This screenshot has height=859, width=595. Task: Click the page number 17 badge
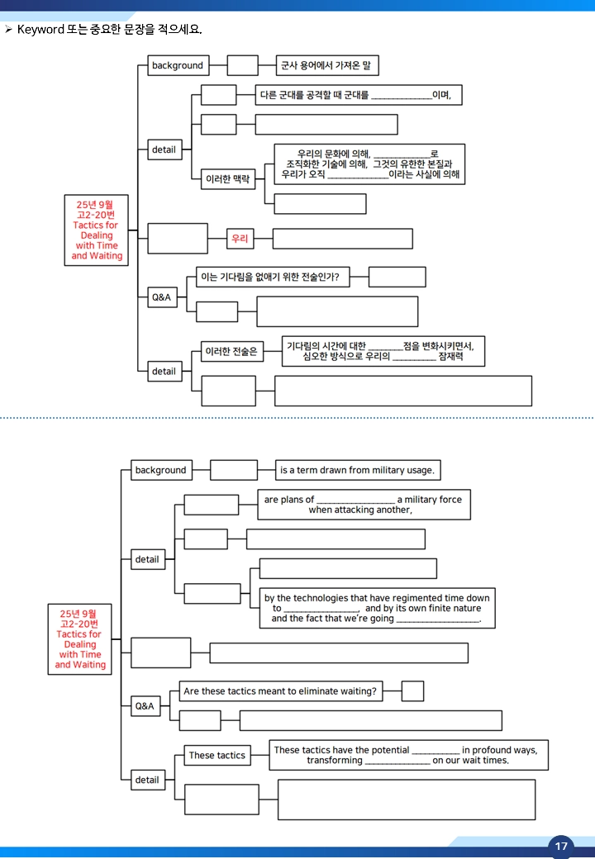pyautogui.click(x=560, y=847)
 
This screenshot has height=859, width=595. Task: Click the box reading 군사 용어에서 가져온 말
pyautogui.click(x=326, y=65)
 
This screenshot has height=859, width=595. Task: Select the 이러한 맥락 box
pyautogui.click(x=227, y=178)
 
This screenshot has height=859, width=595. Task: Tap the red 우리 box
pyautogui.click(x=240, y=239)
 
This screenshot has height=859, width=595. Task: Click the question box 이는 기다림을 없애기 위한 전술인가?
pyautogui.click(x=273, y=277)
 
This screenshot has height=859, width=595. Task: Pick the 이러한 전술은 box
pyautogui.click(x=231, y=351)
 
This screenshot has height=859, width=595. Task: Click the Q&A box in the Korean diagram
pyautogui.click(x=162, y=297)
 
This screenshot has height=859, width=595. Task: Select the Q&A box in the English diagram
pyautogui.click(x=145, y=706)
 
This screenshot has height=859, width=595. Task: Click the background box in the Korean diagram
pyautogui.click(x=178, y=65)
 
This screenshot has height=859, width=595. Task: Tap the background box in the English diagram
pyautogui.click(x=161, y=470)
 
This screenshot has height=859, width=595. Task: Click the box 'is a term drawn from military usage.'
pyautogui.click(x=358, y=470)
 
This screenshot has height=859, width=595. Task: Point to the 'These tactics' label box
pyautogui.click(x=217, y=755)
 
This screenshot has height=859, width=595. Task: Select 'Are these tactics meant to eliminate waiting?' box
pyautogui.click(x=281, y=691)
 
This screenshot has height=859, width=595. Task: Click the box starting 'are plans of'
pyautogui.click(x=364, y=505)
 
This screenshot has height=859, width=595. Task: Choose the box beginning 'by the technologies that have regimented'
pyautogui.click(x=377, y=608)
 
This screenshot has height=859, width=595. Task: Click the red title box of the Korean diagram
pyautogui.click(x=97, y=230)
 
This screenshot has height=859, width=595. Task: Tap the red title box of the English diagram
pyautogui.click(x=80, y=639)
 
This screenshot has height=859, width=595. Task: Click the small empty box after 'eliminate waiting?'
pyautogui.click(x=412, y=691)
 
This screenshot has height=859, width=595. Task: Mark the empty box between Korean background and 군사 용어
pyautogui.click(x=242, y=65)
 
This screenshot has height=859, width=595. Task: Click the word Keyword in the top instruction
pyautogui.click(x=40, y=29)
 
